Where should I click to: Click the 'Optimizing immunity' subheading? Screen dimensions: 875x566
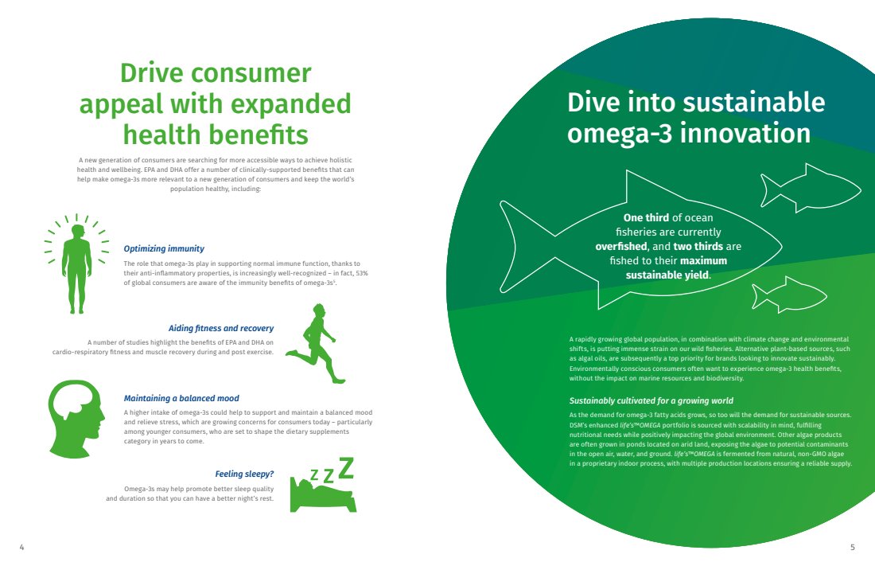164,248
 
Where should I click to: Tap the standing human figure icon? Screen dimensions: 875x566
76,267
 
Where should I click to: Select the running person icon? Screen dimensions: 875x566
316,343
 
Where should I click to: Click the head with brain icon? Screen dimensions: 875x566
76,419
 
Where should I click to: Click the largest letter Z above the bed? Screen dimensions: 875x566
347,467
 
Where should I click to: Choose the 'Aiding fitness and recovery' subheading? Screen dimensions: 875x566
221,329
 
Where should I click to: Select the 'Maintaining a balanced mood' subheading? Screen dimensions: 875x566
181,398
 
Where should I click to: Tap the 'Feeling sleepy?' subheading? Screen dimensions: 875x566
244,474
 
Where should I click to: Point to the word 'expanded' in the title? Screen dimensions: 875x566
290,104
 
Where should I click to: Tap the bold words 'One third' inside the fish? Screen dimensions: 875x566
646,218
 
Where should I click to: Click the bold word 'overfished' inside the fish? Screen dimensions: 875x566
621,247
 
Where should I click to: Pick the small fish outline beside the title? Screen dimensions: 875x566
811,189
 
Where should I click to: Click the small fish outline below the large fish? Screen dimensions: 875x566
788,295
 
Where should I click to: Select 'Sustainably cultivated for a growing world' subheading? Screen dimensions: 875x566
651,400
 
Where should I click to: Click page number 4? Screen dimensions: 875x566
21,547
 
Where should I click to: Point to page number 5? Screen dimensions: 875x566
852,547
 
